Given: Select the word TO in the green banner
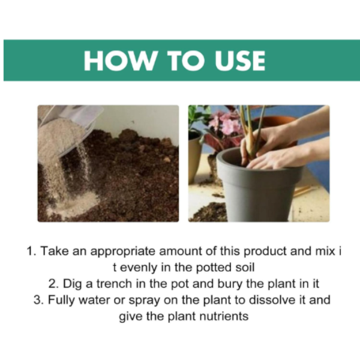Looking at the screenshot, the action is (x=186, y=61).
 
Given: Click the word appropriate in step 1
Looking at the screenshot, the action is (x=123, y=252).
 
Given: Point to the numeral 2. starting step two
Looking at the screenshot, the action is (x=54, y=284).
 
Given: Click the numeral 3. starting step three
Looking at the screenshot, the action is (x=39, y=301).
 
